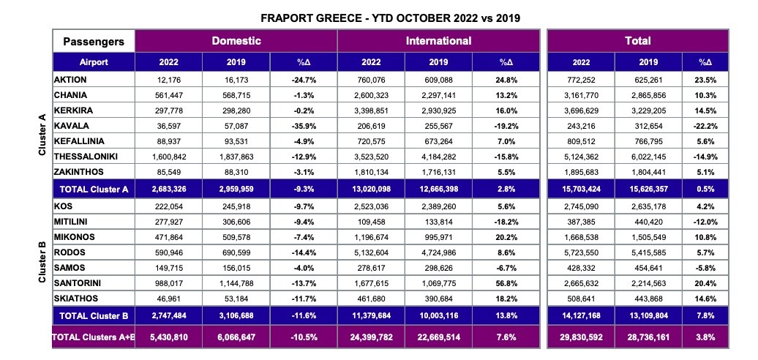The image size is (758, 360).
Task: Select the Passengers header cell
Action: point(94,42)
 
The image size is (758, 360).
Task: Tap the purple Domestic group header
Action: point(236,41)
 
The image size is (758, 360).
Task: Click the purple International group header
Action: point(438,41)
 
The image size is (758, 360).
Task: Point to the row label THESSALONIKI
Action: point(86,156)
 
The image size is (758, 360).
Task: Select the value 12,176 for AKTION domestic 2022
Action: point(169,80)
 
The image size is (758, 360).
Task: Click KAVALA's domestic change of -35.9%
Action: point(303,126)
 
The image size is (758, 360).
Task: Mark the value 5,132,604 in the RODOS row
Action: point(371,252)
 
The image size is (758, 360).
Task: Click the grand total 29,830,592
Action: point(582,337)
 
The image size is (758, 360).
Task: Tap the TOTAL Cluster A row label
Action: point(94,189)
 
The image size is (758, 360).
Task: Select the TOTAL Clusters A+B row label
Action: point(94,337)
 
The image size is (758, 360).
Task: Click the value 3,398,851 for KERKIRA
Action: point(371,110)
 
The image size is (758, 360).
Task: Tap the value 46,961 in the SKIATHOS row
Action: point(169,299)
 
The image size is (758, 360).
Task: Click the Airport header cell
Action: point(94,62)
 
